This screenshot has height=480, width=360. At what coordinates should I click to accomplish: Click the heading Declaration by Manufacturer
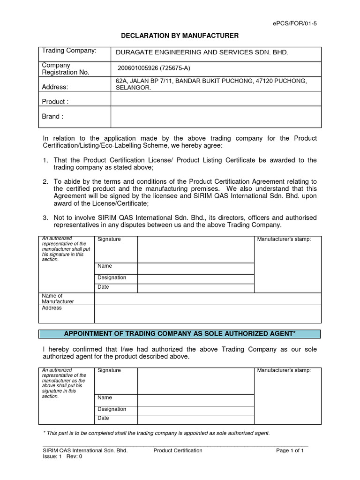click(180, 36)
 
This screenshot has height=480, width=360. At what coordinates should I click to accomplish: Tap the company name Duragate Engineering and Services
click(202, 52)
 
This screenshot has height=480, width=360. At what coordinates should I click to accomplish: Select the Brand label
click(51, 116)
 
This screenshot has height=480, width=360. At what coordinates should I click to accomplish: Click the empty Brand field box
click(216, 116)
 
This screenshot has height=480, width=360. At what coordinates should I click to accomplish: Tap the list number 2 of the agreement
click(45, 181)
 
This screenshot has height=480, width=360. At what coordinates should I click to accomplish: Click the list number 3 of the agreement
click(45, 217)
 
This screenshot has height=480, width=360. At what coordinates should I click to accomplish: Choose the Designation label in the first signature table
click(112, 277)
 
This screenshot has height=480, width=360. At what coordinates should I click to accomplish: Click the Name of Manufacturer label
click(58, 299)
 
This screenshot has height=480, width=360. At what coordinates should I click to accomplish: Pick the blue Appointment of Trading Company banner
click(180, 333)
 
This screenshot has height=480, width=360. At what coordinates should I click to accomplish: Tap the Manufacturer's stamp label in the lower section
click(283, 370)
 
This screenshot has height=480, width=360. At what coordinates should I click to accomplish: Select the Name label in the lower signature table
click(105, 397)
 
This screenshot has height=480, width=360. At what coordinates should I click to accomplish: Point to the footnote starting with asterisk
click(156, 433)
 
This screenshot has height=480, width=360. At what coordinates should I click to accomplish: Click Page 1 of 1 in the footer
click(290, 450)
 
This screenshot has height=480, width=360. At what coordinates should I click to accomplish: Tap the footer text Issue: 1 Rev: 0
click(62, 457)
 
